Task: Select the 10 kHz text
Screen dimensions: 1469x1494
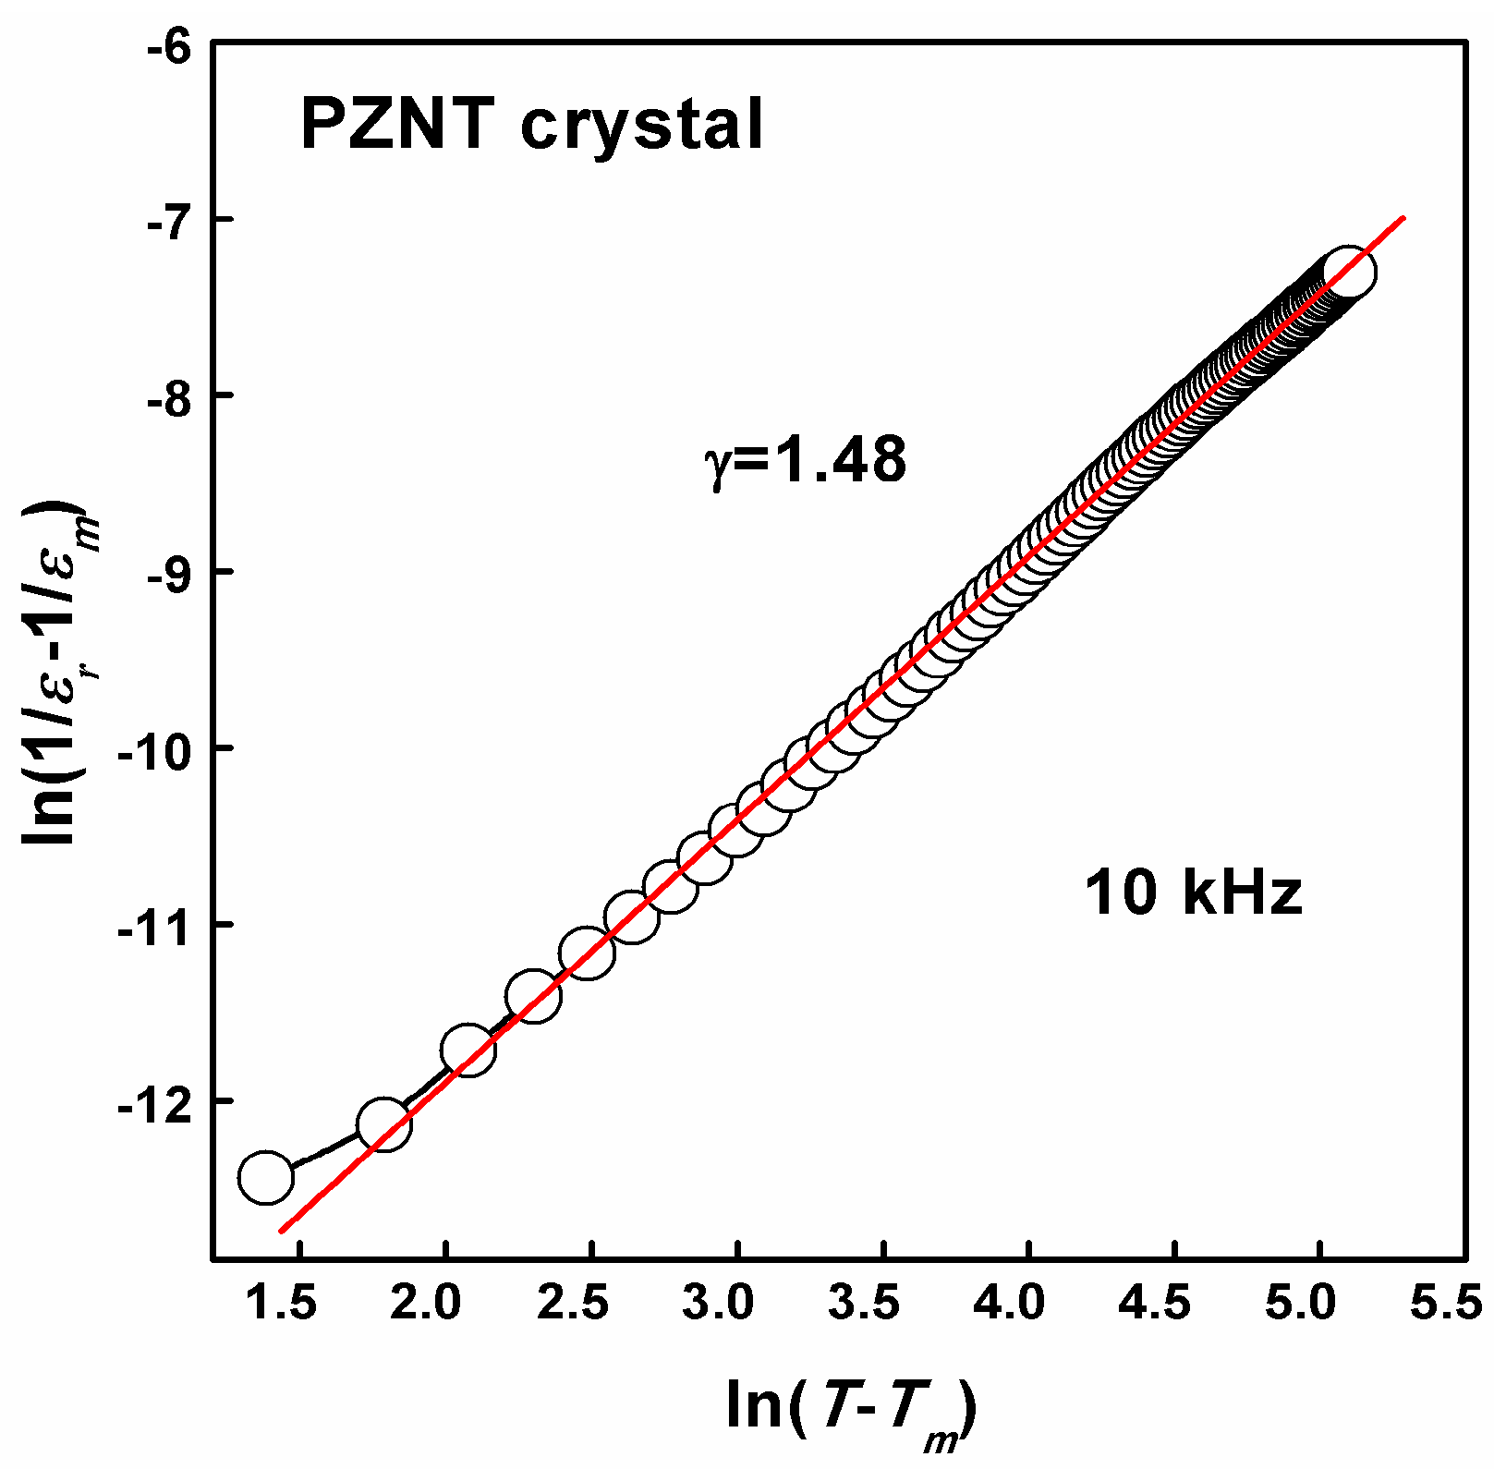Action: tap(1192, 893)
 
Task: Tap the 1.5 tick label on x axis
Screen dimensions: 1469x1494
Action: tap(282, 1304)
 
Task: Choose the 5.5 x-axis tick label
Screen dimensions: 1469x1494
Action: tap(1447, 1304)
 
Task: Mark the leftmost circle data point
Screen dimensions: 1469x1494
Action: tap(266, 1177)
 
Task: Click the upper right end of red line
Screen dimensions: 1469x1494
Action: tap(1403, 219)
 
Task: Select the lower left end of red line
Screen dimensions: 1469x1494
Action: tap(282, 1230)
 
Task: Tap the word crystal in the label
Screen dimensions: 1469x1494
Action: tap(642, 126)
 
